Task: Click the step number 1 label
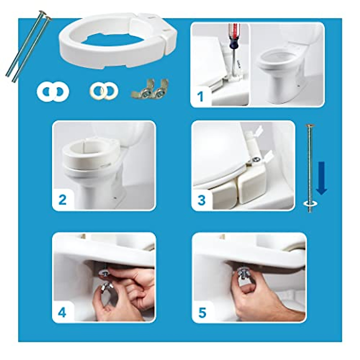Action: [x=200, y=97]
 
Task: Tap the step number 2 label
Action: [x=62, y=199]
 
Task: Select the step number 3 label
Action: [x=202, y=199]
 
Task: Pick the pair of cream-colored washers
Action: [x=104, y=91]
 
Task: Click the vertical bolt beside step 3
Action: [x=310, y=168]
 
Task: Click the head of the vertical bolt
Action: [x=310, y=125]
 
